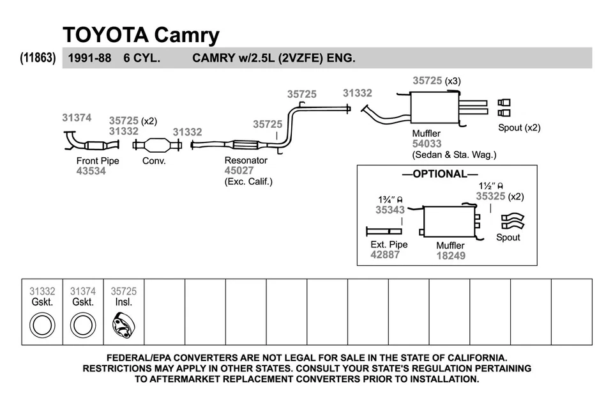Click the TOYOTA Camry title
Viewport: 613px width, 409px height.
140,35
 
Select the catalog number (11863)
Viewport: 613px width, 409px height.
38,58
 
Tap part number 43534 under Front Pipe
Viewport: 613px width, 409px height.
91,171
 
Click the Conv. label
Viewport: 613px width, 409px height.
154,161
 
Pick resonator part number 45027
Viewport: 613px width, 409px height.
239,171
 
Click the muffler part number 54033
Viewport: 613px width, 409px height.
427,144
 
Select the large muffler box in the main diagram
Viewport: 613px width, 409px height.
435,109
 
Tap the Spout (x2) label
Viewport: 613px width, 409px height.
519,127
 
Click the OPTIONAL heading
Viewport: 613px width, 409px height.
439,174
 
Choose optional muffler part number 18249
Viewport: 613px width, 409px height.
451,256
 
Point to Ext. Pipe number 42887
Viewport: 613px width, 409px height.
385,254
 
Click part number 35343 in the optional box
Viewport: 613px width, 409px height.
390,210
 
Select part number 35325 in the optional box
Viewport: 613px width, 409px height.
490,197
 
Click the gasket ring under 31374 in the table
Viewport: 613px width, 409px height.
82,325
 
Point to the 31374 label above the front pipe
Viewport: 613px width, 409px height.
77,118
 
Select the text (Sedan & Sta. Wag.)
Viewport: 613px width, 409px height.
454,155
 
